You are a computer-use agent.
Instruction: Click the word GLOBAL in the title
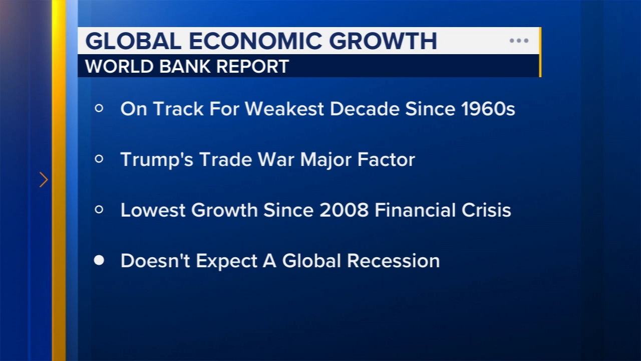(133, 41)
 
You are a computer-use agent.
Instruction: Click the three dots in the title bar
(519, 41)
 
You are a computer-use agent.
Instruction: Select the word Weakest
(284, 109)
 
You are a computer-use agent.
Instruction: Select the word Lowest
(152, 210)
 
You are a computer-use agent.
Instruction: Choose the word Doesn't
(155, 261)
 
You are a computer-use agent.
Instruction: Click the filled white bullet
(99, 260)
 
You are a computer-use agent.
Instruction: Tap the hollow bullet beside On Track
(99, 108)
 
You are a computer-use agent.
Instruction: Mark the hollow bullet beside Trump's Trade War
(99, 159)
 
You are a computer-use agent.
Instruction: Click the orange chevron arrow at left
(44, 179)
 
